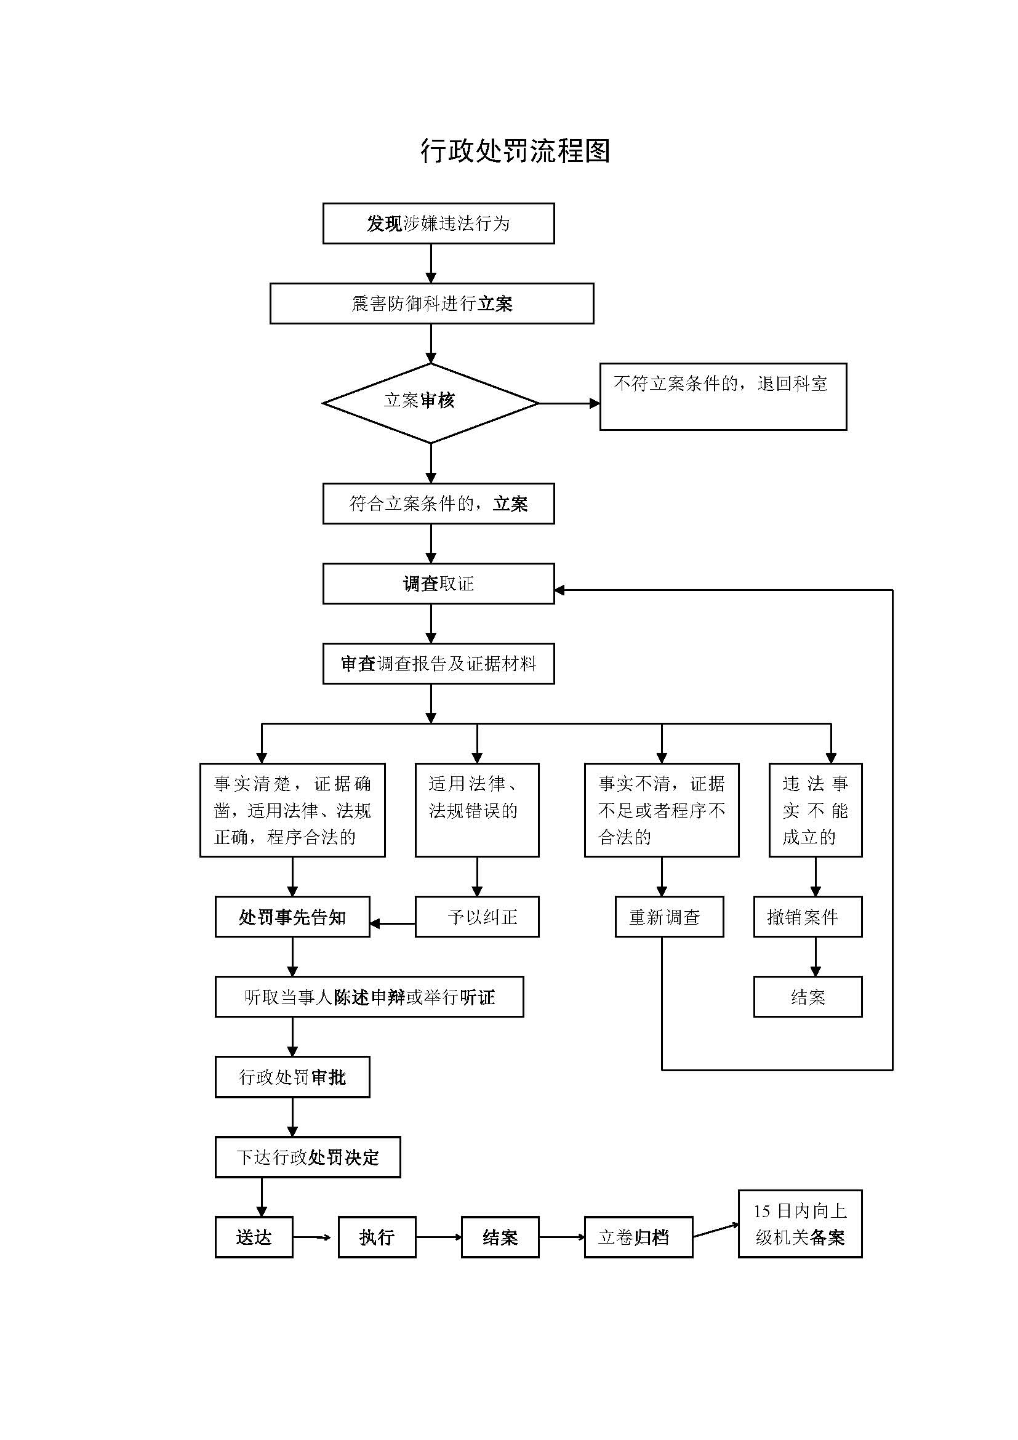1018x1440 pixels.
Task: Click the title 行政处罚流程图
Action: pyautogui.click(x=515, y=151)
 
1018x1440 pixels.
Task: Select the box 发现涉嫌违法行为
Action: pyautogui.click(x=438, y=223)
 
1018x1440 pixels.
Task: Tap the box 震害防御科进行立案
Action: pyautogui.click(x=431, y=304)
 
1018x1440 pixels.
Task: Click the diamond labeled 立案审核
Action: pyautogui.click(x=430, y=403)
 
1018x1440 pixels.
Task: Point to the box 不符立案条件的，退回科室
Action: pyautogui.click(x=723, y=396)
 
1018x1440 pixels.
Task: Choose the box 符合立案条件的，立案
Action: pyautogui.click(x=438, y=504)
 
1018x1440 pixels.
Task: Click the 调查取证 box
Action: pyautogui.click(x=438, y=584)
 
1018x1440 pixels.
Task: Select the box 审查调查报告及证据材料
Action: pyautogui.click(x=438, y=664)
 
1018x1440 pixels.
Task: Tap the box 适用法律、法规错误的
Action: pyautogui.click(x=476, y=810)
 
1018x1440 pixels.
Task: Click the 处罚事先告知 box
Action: pyautogui.click(x=292, y=917)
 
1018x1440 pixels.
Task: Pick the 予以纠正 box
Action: pyautogui.click(x=476, y=917)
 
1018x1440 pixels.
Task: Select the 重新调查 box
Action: pyautogui.click(x=669, y=917)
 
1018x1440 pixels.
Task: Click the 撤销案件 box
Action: pyautogui.click(x=808, y=917)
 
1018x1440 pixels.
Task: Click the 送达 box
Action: pyautogui.click(x=253, y=1237)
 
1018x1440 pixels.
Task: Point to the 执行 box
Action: pyautogui.click(x=377, y=1237)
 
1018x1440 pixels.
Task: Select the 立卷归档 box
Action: pyautogui.click(x=638, y=1237)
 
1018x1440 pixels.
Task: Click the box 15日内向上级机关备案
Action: pyautogui.click(x=800, y=1225)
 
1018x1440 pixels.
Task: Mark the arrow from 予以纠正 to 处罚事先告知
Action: pyautogui.click(x=393, y=924)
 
